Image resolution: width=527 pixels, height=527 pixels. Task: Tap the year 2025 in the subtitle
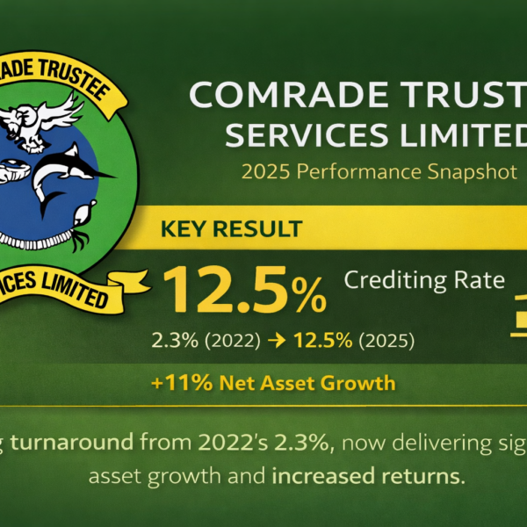tap(266, 172)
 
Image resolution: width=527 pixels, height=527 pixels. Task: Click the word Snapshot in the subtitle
tap(471, 172)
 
